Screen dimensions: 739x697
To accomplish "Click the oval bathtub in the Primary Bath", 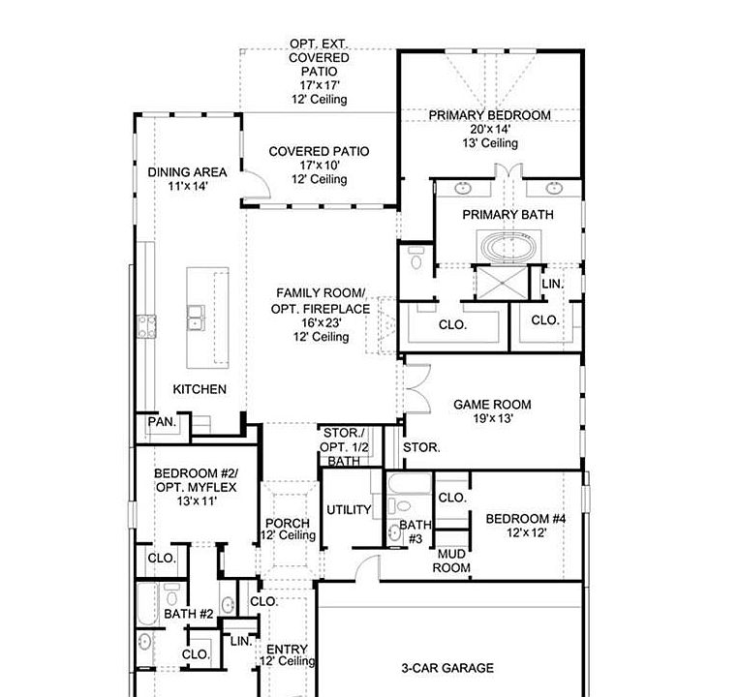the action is click(508, 247).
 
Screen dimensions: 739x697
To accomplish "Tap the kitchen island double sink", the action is click(196, 317).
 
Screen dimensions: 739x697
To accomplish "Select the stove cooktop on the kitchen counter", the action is click(146, 326).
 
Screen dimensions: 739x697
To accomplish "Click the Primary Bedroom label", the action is click(490, 115).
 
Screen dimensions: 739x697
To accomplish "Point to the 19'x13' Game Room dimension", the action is click(493, 418).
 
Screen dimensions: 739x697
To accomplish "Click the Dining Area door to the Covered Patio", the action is click(257, 184).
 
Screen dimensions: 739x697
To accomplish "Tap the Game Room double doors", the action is click(417, 389).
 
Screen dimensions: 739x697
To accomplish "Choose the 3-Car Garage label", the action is click(447, 668).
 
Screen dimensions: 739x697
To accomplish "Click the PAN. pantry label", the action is click(162, 422).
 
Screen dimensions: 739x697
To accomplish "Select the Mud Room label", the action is click(451, 561).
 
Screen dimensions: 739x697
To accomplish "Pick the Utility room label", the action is click(349, 510).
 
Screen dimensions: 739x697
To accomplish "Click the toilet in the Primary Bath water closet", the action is click(416, 258).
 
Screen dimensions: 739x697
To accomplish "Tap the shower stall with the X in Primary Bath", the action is click(502, 283).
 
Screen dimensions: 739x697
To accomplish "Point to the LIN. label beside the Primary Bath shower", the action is click(553, 284).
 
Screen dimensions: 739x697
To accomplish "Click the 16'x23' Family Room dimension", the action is click(322, 322).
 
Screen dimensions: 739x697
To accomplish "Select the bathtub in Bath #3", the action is click(409, 484).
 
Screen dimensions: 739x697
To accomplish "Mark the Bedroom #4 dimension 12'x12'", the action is click(527, 532).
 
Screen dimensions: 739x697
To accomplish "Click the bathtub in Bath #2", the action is click(146, 604).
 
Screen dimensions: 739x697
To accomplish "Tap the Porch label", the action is click(288, 523).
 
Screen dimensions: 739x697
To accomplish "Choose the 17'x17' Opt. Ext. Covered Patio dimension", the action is click(320, 85).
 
